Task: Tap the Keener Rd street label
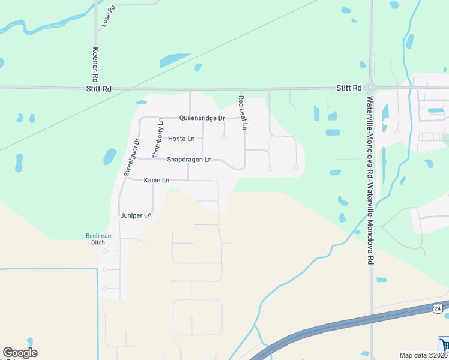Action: (95, 65)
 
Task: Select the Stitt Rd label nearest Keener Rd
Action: (98, 89)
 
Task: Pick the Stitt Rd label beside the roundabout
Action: (349, 88)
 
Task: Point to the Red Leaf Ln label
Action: (242, 113)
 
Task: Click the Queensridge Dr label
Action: (202, 118)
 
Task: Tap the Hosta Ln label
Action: (181, 139)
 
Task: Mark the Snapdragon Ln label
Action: (189, 160)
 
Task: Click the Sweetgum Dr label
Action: (131, 157)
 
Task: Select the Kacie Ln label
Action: (157, 180)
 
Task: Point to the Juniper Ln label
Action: (136, 215)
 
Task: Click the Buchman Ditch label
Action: (98, 239)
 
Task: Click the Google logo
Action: (20, 353)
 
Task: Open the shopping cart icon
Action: (445, 344)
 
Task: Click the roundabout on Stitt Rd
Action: (370, 88)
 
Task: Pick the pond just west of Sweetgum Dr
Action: (109, 157)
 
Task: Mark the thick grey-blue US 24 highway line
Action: (336, 328)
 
